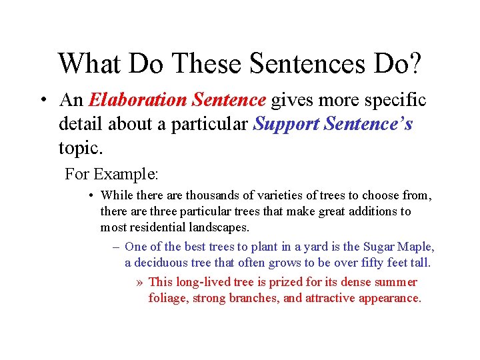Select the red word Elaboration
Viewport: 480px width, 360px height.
139,100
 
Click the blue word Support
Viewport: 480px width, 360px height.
287,124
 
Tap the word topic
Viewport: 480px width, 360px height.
77,147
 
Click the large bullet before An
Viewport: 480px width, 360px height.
43,101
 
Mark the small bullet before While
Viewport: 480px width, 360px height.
91,196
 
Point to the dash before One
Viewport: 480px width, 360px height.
116,247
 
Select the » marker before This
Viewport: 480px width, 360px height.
139,282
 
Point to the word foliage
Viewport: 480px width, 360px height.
168,298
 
